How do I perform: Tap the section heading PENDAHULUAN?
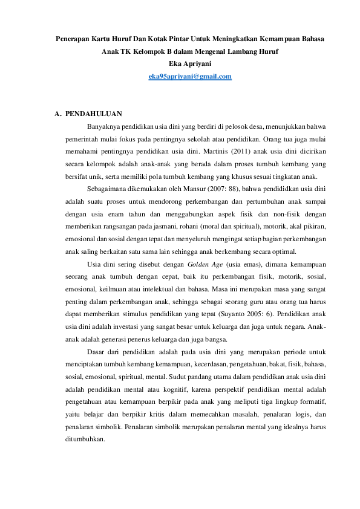pos(94,114)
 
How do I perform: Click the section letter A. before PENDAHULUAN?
pos(57,114)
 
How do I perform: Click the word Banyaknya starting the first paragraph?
pos(104,126)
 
